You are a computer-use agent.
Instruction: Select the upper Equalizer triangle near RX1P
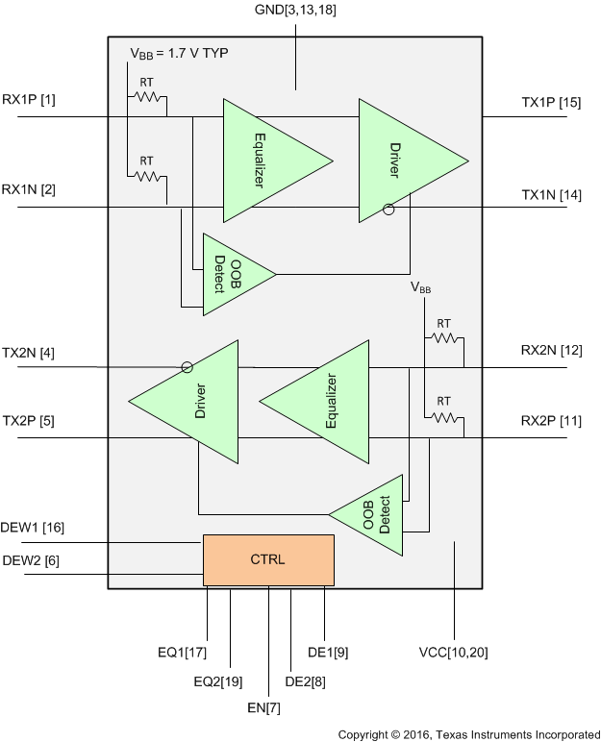264,160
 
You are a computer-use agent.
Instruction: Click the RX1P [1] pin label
29,100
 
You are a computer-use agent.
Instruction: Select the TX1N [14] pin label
551,195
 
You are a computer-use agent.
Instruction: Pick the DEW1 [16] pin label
34,528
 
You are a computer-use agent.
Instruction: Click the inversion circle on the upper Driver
388,209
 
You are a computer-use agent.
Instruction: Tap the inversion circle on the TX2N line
187,366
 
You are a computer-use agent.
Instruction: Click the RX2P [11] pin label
551,421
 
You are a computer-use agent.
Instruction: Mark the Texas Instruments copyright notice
467,734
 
